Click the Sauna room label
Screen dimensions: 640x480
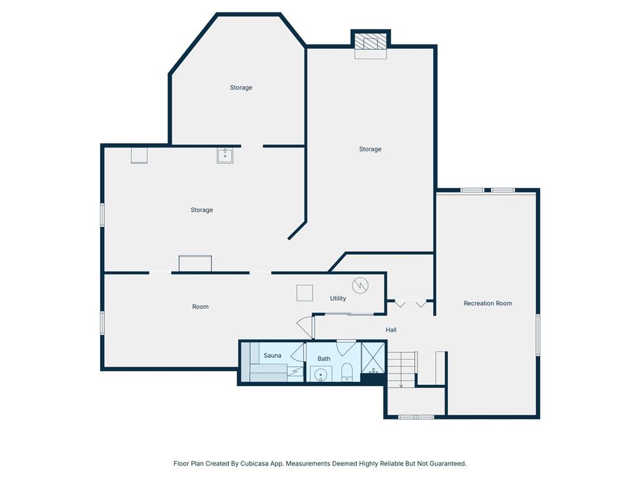(272, 356)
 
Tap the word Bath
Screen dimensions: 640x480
(324, 359)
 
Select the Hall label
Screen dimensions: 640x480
(391, 330)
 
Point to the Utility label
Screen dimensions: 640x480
(338, 298)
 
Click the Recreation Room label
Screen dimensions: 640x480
(487, 303)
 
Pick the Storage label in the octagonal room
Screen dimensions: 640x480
(241, 87)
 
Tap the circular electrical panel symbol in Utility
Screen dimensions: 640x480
(361, 285)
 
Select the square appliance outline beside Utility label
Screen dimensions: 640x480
(304, 293)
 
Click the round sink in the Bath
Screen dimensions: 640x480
(321, 374)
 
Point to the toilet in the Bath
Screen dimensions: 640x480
(346, 372)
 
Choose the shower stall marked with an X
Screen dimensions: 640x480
(372, 357)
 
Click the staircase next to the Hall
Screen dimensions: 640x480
(402, 370)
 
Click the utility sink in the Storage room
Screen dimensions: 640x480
(225, 156)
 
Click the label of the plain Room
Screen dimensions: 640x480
(201, 306)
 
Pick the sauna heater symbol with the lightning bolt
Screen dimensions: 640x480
(295, 372)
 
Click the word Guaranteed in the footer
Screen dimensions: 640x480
(447, 464)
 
